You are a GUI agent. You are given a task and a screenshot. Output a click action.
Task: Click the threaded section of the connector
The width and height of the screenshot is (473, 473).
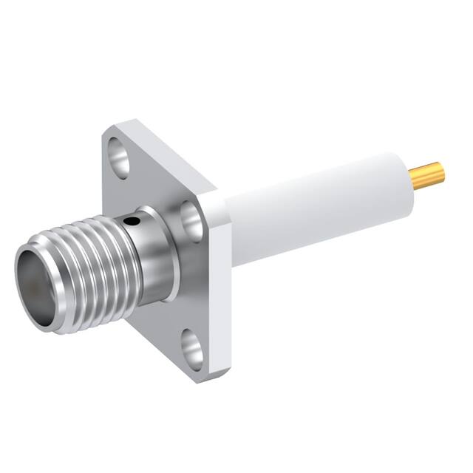tap(89, 259)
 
